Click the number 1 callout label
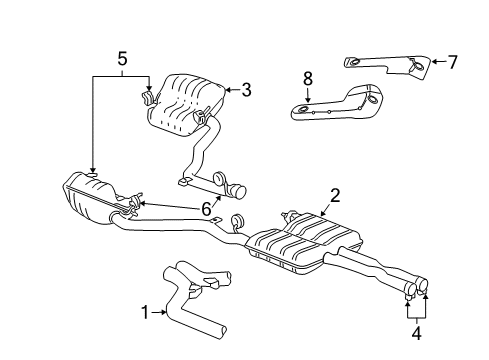[x=146, y=313]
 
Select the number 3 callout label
[x=246, y=90]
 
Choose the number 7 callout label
[x=452, y=62]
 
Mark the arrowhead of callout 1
[x=165, y=313]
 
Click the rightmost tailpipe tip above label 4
[x=424, y=291]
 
